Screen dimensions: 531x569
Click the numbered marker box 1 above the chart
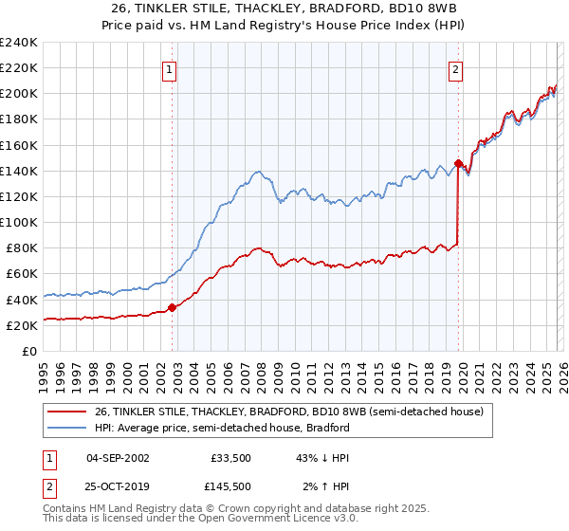[169, 68]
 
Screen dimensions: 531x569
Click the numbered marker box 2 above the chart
[456, 68]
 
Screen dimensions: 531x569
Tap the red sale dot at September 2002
[172, 307]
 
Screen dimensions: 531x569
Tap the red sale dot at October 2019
[458, 163]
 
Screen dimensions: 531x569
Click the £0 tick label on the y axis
[30, 351]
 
